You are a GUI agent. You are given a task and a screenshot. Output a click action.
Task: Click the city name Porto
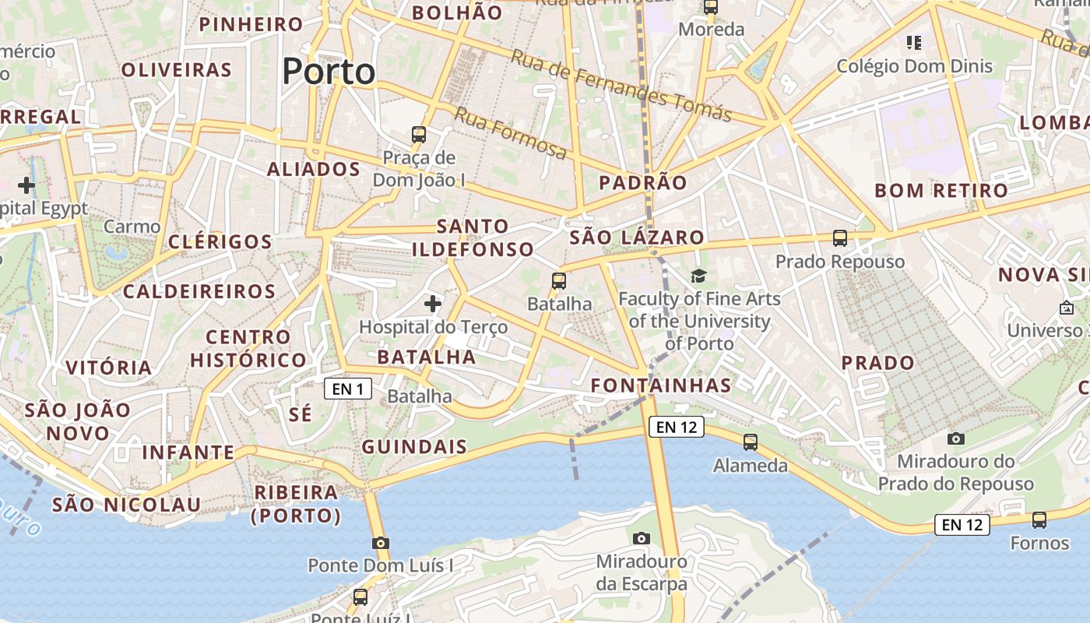pyautogui.click(x=329, y=72)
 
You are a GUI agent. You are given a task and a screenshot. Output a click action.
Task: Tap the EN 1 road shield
pyautogui.click(x=348, y=388)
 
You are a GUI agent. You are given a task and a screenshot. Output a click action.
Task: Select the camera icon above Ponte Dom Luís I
pyautogui.click(x=380, y=543)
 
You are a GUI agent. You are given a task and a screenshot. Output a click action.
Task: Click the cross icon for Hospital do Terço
pyautogui.click(x=433, y=303)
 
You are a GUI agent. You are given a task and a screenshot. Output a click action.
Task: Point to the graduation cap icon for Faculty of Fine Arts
pyautogui.click(x=698, y=276)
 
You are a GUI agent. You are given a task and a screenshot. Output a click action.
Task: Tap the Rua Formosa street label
pyautogui.click(x=511, y=133)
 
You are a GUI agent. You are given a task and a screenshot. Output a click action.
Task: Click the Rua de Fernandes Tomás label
pyautogui.click(x=621, y=86)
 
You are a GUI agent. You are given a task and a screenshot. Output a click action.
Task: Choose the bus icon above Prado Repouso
pyautogui.click(x=839, y=238)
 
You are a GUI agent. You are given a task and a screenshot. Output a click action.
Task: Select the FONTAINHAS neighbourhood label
pyautogui.click(x=661, y=385)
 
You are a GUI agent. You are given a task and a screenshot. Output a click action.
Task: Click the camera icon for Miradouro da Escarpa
pyautogui.click(x=642, y=538)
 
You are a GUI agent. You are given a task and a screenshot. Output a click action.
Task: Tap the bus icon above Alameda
pyautogui.click(x=751, y=442)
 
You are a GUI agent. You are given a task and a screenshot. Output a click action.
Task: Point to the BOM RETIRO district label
pyautogui.click(x=941, y=191)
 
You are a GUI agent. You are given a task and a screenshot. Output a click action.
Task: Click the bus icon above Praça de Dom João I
pyautogui.click(x=419, y=134)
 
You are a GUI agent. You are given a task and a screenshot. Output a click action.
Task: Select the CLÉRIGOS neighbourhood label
pyautogui.click(x=220, y=241)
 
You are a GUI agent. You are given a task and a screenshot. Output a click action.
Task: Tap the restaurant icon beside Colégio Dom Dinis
pyautogui.click(x=914, y=42)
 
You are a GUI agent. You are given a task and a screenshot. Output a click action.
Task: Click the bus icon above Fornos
pyautogui.click(x=1039, y=519)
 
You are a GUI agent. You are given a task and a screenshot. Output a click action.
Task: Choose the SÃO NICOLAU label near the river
pyautogui.click(x=126, y=505)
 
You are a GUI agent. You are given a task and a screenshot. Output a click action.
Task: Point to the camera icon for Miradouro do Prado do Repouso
pyautogui.click(x=956, y=438)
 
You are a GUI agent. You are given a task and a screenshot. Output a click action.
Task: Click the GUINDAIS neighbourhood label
pyautogui.click(x=414, y=447)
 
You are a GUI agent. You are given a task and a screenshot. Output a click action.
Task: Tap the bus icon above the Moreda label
pyautogui.click(x=711, y=7)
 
